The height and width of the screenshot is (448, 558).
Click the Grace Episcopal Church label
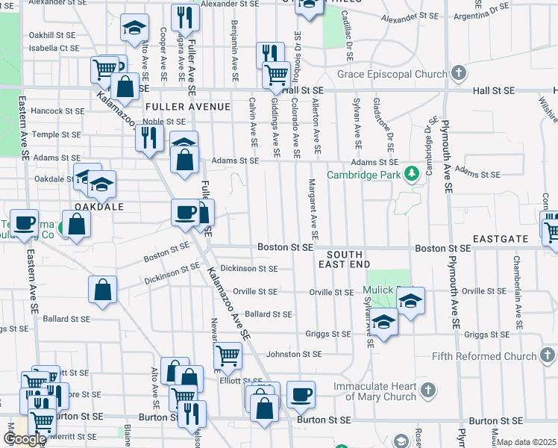point(392,74)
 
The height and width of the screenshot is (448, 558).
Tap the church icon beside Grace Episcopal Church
point(459,73)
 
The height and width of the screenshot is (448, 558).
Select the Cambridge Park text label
point(363,176)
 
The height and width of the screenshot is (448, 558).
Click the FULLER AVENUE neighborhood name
point(188,107)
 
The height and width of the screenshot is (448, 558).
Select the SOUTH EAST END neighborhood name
point(344,259)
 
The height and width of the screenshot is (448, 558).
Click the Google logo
point(25,439)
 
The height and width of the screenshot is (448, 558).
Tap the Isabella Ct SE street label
point(53,47)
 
